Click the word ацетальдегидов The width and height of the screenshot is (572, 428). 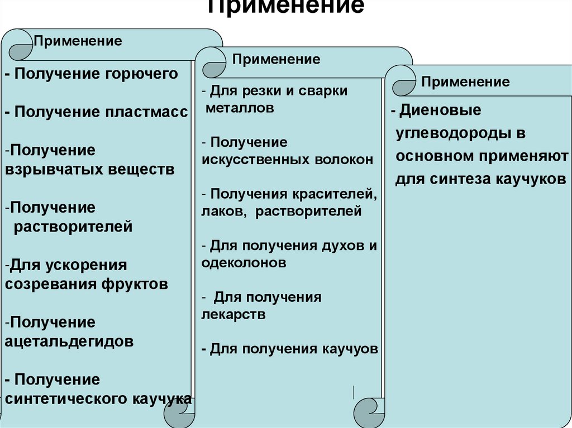coord(69,342)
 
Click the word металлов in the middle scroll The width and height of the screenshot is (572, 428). coord(240,108)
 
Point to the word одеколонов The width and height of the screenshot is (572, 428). coord(244,263)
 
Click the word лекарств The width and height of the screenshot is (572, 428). coord(233,315)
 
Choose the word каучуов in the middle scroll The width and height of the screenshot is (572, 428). coord(350,349)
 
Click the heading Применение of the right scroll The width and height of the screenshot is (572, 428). coord(465,82)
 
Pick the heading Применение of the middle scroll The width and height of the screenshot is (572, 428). coord(277,59)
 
